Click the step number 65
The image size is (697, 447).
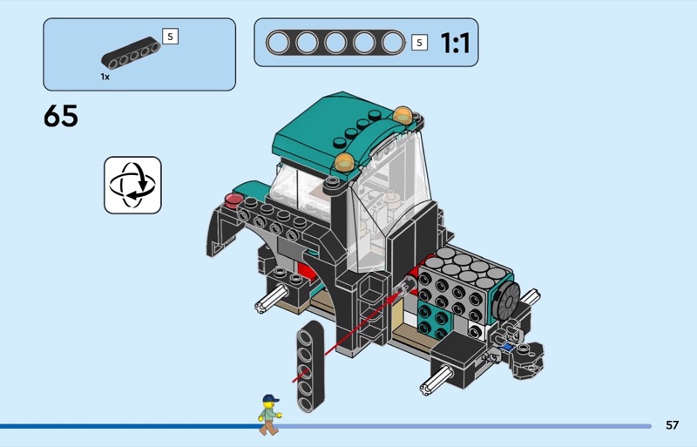(61, 117)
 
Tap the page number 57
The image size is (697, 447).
(672, 425)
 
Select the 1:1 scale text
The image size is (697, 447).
(455, 43)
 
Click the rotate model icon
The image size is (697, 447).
(132, 185)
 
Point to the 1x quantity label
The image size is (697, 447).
(105, 77)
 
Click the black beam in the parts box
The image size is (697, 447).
(131, 58)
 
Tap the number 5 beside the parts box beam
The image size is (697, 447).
(170, 37)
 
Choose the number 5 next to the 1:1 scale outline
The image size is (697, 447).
(419, 43)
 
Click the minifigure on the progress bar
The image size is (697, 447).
(269, 414)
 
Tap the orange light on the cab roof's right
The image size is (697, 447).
(403, 114)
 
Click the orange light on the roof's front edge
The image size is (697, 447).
(345, 161)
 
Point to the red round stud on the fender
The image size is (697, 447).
(233, 200)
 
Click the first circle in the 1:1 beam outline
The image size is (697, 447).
(278, 43)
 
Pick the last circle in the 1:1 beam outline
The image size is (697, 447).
(393, 43)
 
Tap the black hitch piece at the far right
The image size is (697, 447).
(528, 357)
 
